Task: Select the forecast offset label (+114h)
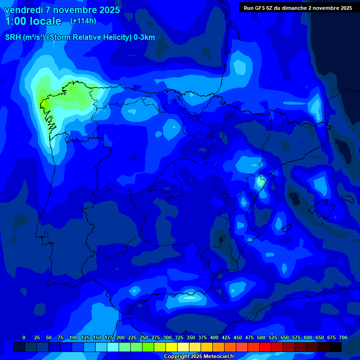point(83,21)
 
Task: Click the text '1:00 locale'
point(33,21)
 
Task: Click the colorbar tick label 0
point(24,337)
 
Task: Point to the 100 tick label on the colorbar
point(73,337)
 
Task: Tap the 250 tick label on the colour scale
point(143,337)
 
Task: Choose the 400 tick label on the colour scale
point(214,337)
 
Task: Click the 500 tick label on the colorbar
point(261,337)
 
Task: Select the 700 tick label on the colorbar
point(343,337)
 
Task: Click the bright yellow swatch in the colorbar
point(172,347)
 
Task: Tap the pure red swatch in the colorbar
point(265,347)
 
